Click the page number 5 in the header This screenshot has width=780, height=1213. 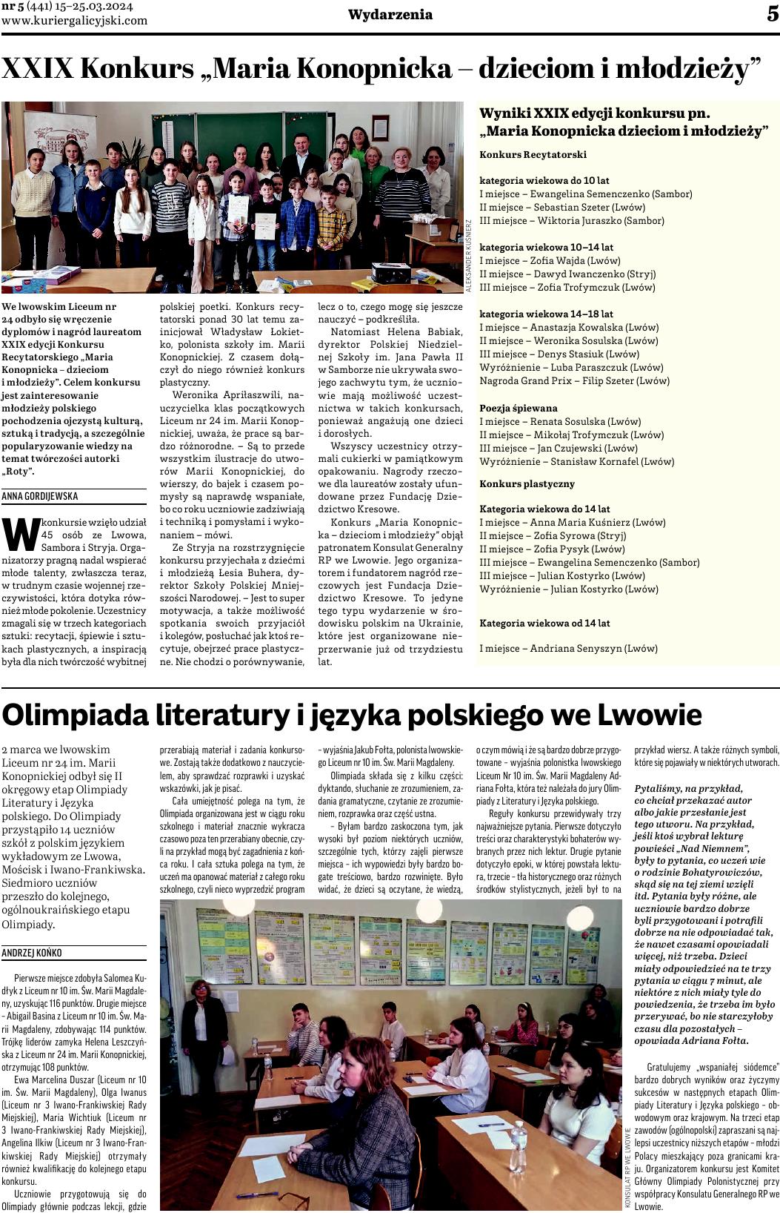point(772,14)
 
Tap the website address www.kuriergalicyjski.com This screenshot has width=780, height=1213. point(74,21)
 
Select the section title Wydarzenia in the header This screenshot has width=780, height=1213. point(390,15)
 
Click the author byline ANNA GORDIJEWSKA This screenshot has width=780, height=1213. point(40,496)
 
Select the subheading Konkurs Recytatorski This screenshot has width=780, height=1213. point(533,154)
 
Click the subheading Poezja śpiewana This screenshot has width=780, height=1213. point(519,408)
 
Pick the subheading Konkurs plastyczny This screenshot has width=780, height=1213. point(527,483)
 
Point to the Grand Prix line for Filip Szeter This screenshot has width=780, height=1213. point(574,380)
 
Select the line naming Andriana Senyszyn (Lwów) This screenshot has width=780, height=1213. point(568,648)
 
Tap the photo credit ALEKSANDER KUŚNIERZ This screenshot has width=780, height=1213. point(468,258)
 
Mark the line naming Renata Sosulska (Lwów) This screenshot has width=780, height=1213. point(560,421)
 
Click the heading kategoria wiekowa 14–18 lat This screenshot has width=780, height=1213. point(546,314)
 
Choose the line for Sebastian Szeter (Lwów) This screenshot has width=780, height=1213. point(562,207)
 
